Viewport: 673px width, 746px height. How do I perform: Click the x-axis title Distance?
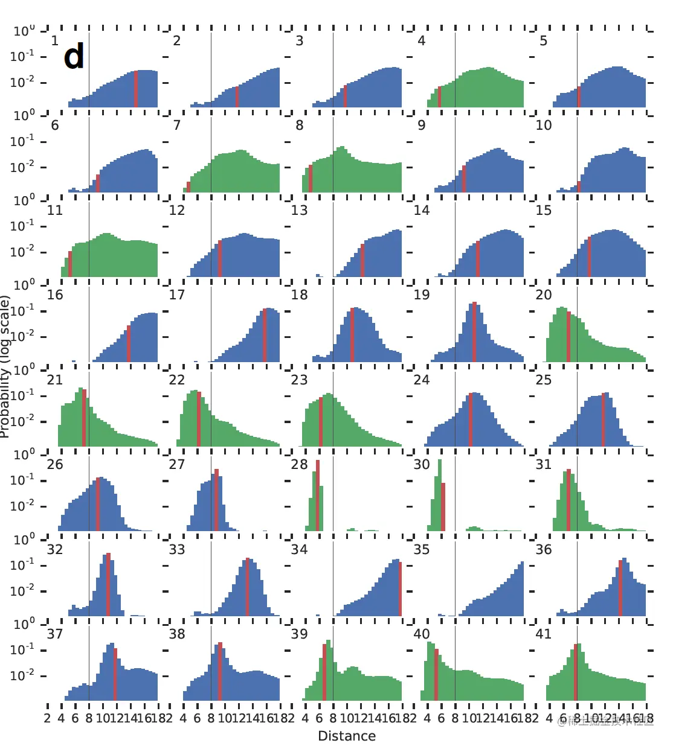(x=347, y=736)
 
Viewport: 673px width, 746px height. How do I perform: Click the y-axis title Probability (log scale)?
(x=5, y=366)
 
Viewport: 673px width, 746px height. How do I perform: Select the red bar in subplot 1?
(x=136, y=89)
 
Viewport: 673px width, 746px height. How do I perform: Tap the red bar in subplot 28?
(x=318, y=495)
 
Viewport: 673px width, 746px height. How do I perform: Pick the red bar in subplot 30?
(x=443, y=506)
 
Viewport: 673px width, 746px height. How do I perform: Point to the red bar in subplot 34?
(x=400, y=588)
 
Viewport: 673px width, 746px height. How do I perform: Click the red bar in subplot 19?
(x=474, y=331)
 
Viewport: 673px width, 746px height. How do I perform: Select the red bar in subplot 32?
(x=109, y=584)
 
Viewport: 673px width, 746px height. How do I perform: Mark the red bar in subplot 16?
(x=129, y=343)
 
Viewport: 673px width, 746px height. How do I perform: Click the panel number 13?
(x=299, y=210)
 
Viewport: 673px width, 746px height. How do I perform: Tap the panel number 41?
(x=544, y=634)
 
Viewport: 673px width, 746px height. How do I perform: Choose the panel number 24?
(x=421, y=380)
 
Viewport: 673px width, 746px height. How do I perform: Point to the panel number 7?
(x=176, y=125)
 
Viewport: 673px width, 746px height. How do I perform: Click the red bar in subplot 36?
(x=620, y=588)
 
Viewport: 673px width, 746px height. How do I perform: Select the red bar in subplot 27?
(x=216, y=500)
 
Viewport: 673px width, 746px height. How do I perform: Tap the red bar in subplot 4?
(x=439, y=97)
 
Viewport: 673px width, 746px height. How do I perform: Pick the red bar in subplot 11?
(x=70, y=264)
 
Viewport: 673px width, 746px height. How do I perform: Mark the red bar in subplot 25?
(x=604, y=419)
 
